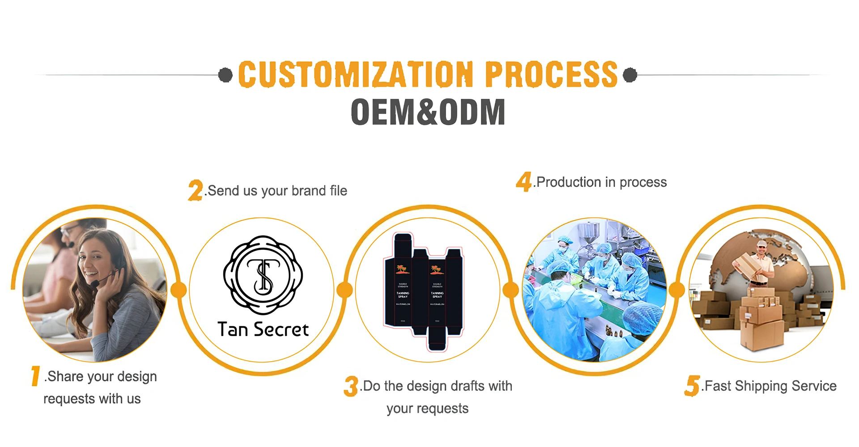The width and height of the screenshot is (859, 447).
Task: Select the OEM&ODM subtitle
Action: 428,112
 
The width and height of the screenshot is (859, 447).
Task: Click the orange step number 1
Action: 35,376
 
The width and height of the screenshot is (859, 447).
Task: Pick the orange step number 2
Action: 196,190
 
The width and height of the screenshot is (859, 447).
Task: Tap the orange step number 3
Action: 351,386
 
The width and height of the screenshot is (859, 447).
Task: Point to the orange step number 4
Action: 523,182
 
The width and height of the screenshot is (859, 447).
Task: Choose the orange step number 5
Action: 692,386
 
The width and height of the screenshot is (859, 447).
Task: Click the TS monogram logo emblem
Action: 263,275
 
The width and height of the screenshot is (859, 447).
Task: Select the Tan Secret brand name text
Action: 263,330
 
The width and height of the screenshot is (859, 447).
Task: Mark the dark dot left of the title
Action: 225,75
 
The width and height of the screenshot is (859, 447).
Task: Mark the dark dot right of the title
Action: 630,75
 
